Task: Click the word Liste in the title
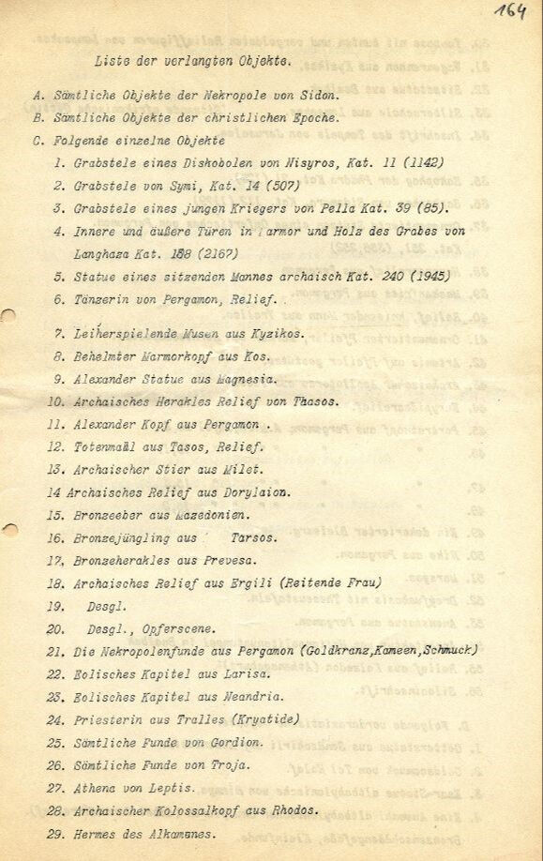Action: pos(112,60)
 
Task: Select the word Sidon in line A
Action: pos(318,95)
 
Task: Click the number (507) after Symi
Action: pos(282,186)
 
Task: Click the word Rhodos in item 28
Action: pos(293,809)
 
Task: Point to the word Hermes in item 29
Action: pos(96,833)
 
